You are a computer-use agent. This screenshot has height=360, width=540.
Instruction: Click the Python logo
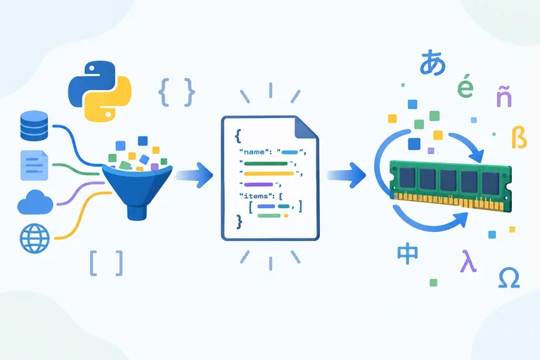100,91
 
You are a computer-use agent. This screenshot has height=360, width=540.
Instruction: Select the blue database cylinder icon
34,126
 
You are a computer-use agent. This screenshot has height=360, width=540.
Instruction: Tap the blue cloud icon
35,202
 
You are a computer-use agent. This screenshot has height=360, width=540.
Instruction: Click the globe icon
34,238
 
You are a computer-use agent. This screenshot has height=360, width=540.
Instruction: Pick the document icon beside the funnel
34,165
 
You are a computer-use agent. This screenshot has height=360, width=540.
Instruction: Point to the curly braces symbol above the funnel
176,92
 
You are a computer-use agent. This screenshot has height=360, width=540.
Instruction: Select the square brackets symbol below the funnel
106,263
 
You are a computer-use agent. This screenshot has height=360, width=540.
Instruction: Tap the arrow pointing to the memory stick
346,175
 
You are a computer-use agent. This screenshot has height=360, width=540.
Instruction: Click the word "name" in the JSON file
254,152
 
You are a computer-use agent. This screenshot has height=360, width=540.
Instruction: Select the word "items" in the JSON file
256,196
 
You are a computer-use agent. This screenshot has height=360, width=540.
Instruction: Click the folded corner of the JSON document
306,128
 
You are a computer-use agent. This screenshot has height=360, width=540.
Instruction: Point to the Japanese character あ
432,63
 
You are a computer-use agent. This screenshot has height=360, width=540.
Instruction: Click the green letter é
465,85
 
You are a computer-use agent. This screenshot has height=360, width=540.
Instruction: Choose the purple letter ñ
504,96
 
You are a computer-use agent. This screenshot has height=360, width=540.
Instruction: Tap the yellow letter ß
520,137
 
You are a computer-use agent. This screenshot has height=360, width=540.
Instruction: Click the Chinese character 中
407,255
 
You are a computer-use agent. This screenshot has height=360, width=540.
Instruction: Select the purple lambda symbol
469,261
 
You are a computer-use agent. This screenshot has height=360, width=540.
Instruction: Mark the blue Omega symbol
509,278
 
